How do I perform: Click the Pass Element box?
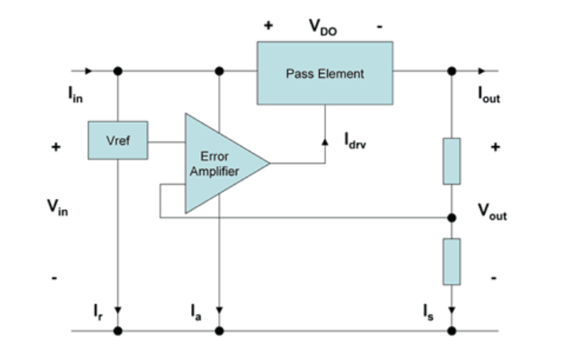[325, 73]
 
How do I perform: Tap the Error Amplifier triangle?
[219, 163]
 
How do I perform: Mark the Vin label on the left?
[57, 208]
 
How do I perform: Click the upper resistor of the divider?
[451, 161]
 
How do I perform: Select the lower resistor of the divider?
[451, 262]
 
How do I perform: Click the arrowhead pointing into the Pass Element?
[325, 143]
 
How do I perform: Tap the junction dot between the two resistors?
[451, 216]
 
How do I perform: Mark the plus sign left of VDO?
[268, 26]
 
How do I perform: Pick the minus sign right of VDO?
[380, 26]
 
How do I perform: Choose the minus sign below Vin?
[55, 277]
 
